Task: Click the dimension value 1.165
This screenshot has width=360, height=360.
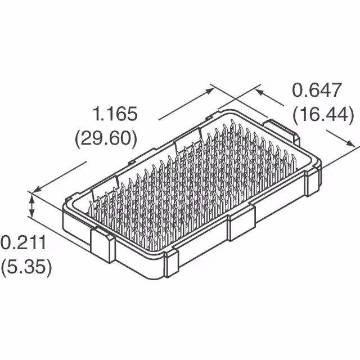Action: [115, 115]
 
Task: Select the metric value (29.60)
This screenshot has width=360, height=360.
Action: [106, 138]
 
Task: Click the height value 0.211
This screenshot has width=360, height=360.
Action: [22, 244]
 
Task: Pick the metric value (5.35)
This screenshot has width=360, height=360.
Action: [26, 267]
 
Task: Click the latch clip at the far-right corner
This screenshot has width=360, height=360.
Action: [311, 181]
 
